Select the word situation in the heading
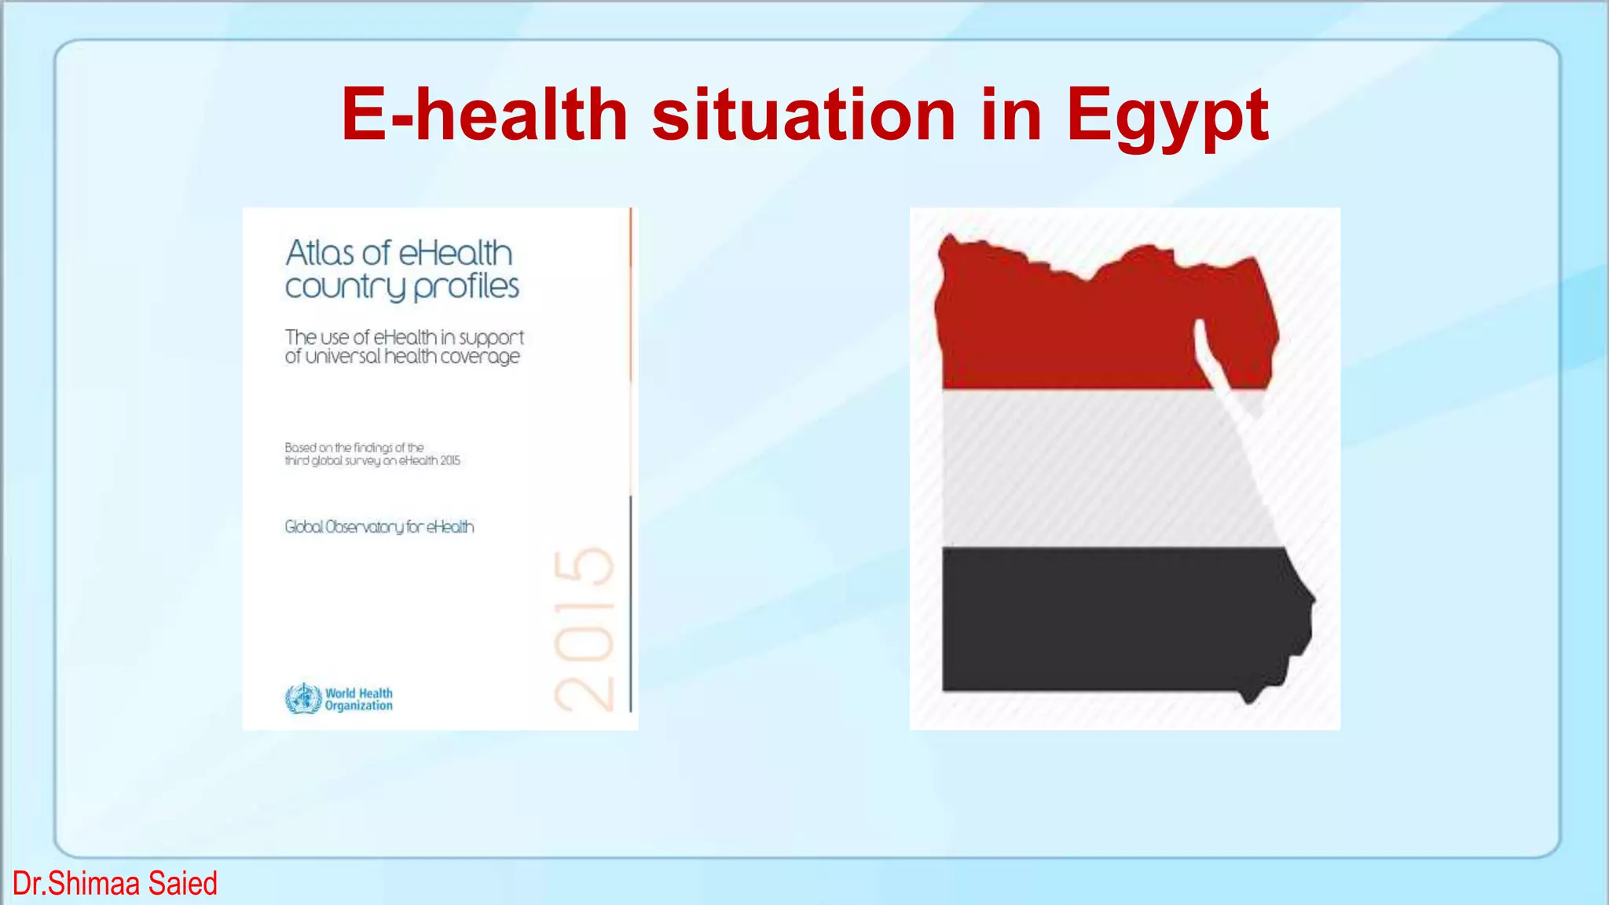tap(803, 115)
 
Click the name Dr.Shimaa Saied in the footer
tap(115, 884)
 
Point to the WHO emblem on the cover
tap(303, 698)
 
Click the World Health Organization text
tap(359, 699)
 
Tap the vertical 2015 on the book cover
tap(584, 628)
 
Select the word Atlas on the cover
tap(320, 253)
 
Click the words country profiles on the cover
tap(401, 287)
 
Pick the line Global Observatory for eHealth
tap(379, 526)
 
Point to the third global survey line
tap(372, 460)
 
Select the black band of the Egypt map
tap(1100, 621)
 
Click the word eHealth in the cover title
tap(456, 253)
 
